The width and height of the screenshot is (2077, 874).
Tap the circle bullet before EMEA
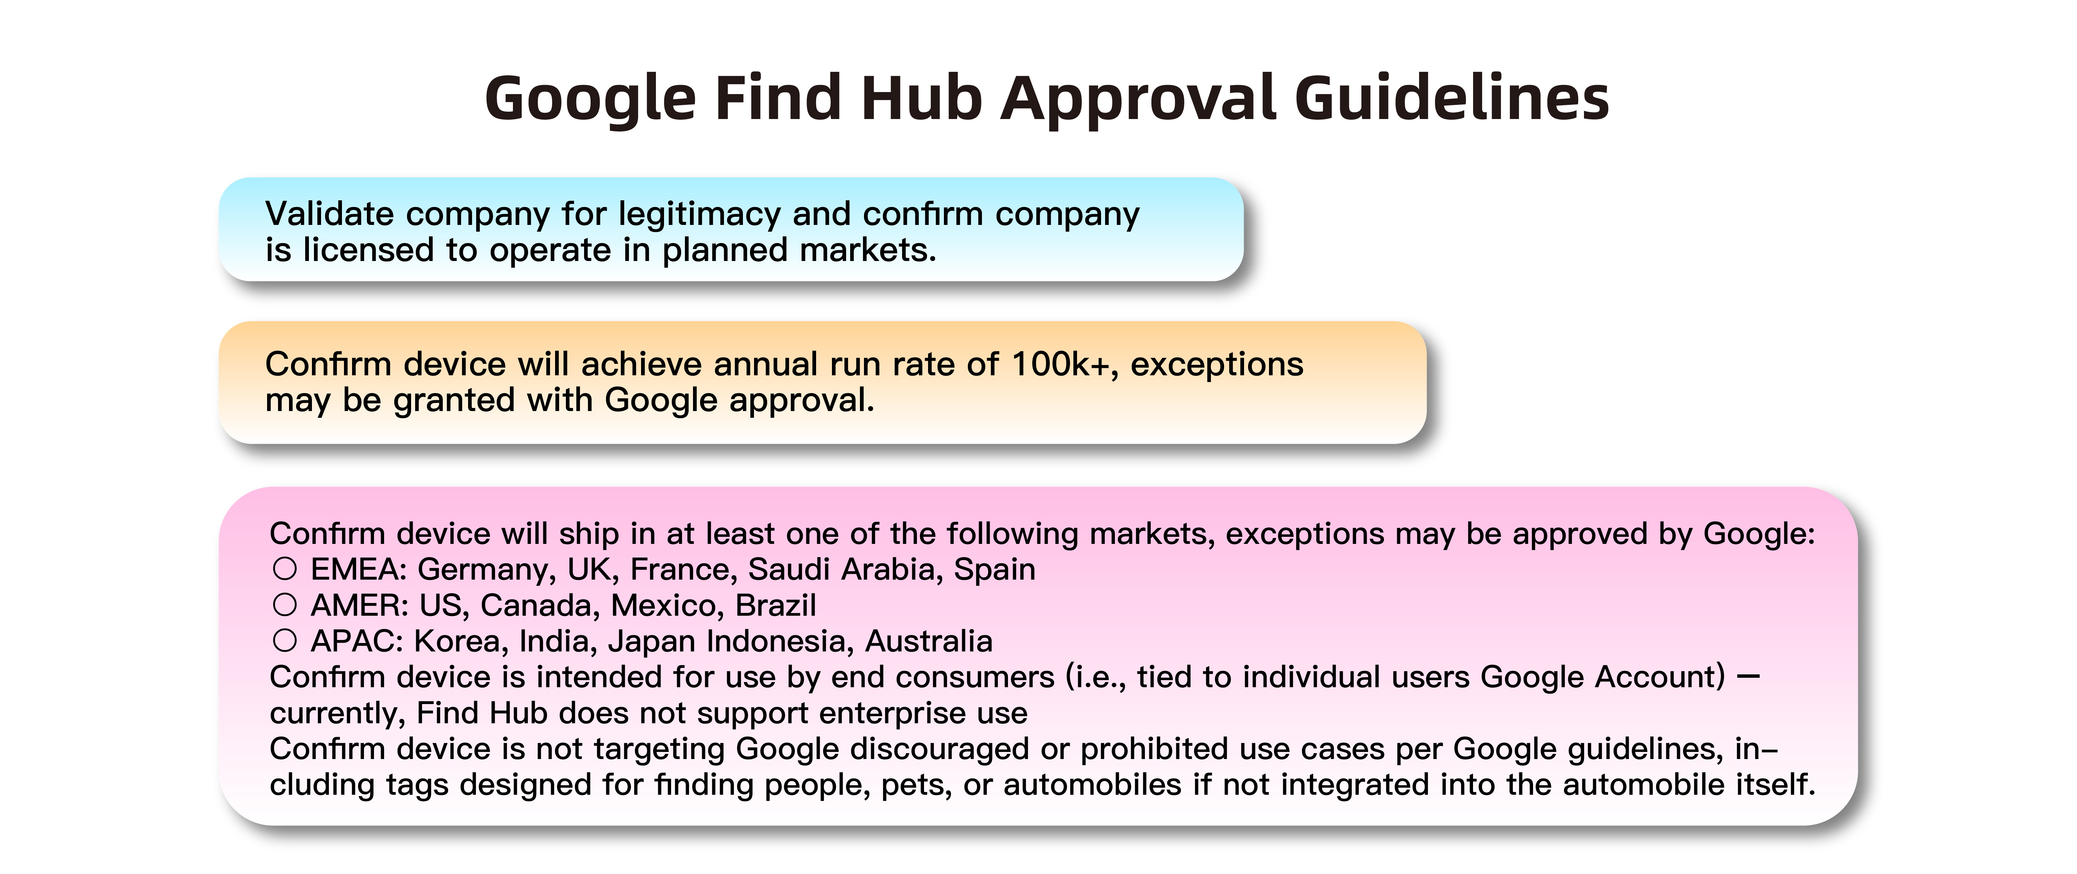click(285, 569)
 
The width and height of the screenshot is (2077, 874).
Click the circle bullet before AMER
click(285, 605)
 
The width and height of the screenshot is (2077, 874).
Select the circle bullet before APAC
click(285, 641)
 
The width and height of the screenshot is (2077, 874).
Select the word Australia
click(929, 641)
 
